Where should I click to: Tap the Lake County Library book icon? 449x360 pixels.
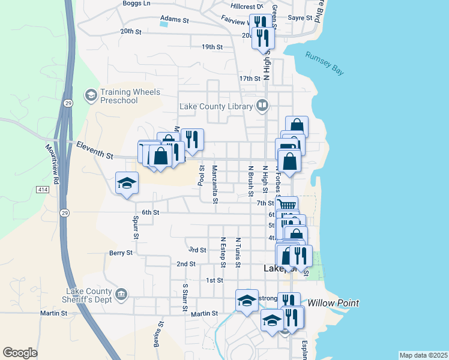click(x=262, y=106)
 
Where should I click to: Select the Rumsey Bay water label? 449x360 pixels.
click(x=325, y=63)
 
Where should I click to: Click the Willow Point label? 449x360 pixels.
click(x=333, y=303)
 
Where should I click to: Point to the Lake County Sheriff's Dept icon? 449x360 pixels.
click(x=121, y=294)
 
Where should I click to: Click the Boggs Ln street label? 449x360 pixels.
click(x=136, y=3)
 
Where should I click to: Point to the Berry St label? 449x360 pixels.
click(x=121, y=253)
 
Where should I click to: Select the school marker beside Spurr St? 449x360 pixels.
click(x=127, y=183)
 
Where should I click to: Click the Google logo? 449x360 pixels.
click(x=20, y=353)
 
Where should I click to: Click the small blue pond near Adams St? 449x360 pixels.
click(x=164, y=25)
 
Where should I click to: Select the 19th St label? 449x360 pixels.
click(x=212, y=46)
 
